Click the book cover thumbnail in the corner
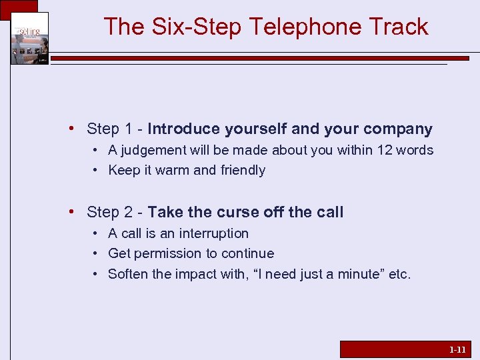[x=29, y=38]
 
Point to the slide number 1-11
[x=457, y=349]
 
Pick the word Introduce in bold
[x=184, y=129]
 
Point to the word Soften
[x=129, y=273]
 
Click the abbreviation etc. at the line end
[x=399, y=273]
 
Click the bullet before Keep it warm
[x=97, y=170]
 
